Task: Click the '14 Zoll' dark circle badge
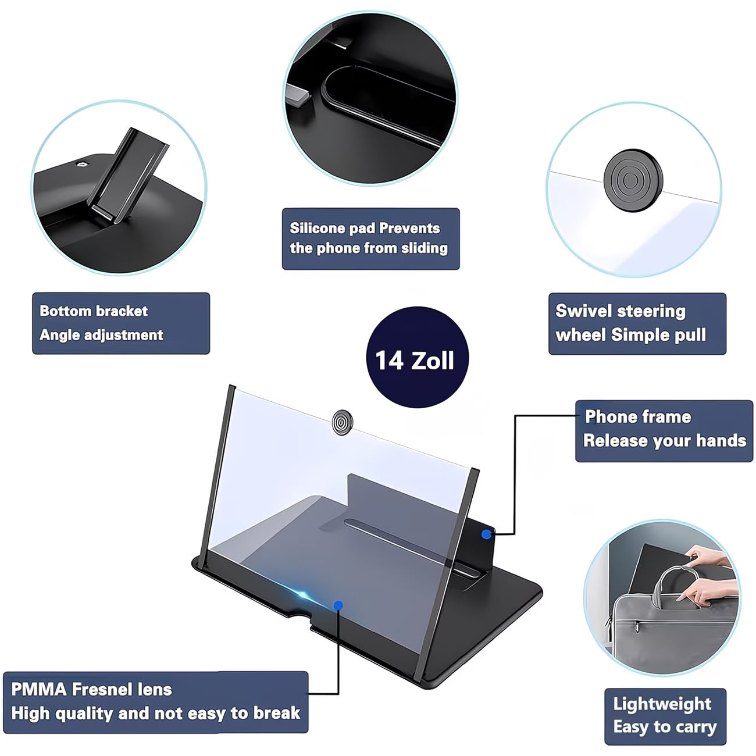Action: point(417,357)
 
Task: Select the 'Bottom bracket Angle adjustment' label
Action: point(120,323)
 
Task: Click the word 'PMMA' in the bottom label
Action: point(38,690)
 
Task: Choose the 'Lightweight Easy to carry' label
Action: point(665,716)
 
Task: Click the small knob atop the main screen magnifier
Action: point(341,422)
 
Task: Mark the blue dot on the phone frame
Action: point(486,534)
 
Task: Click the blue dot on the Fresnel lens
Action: point(338,605)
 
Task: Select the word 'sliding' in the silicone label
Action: point(424,248)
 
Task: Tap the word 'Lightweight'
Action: point(662,704)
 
